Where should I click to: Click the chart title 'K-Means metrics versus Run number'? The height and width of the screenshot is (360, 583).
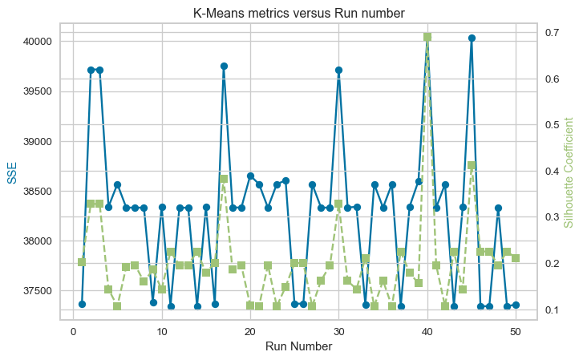pos(298,13)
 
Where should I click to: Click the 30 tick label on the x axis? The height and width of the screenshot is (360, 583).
pos(338,330)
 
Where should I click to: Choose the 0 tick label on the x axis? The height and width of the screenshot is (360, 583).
pos(73,330)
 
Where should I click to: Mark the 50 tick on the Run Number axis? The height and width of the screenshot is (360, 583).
pos(516,330)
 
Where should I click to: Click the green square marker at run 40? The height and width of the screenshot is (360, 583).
pos(427,37)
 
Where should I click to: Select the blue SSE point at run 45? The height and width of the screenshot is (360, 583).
pos(472,38)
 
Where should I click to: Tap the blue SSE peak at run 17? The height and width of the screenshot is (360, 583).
pos(224,66)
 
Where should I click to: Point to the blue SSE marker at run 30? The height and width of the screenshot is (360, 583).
pos(339,70)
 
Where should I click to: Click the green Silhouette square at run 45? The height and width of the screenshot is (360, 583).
pos(472,165)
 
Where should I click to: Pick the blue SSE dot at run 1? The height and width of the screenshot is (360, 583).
pos(82,305)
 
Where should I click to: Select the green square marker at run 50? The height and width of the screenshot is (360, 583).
pos(516,258)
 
